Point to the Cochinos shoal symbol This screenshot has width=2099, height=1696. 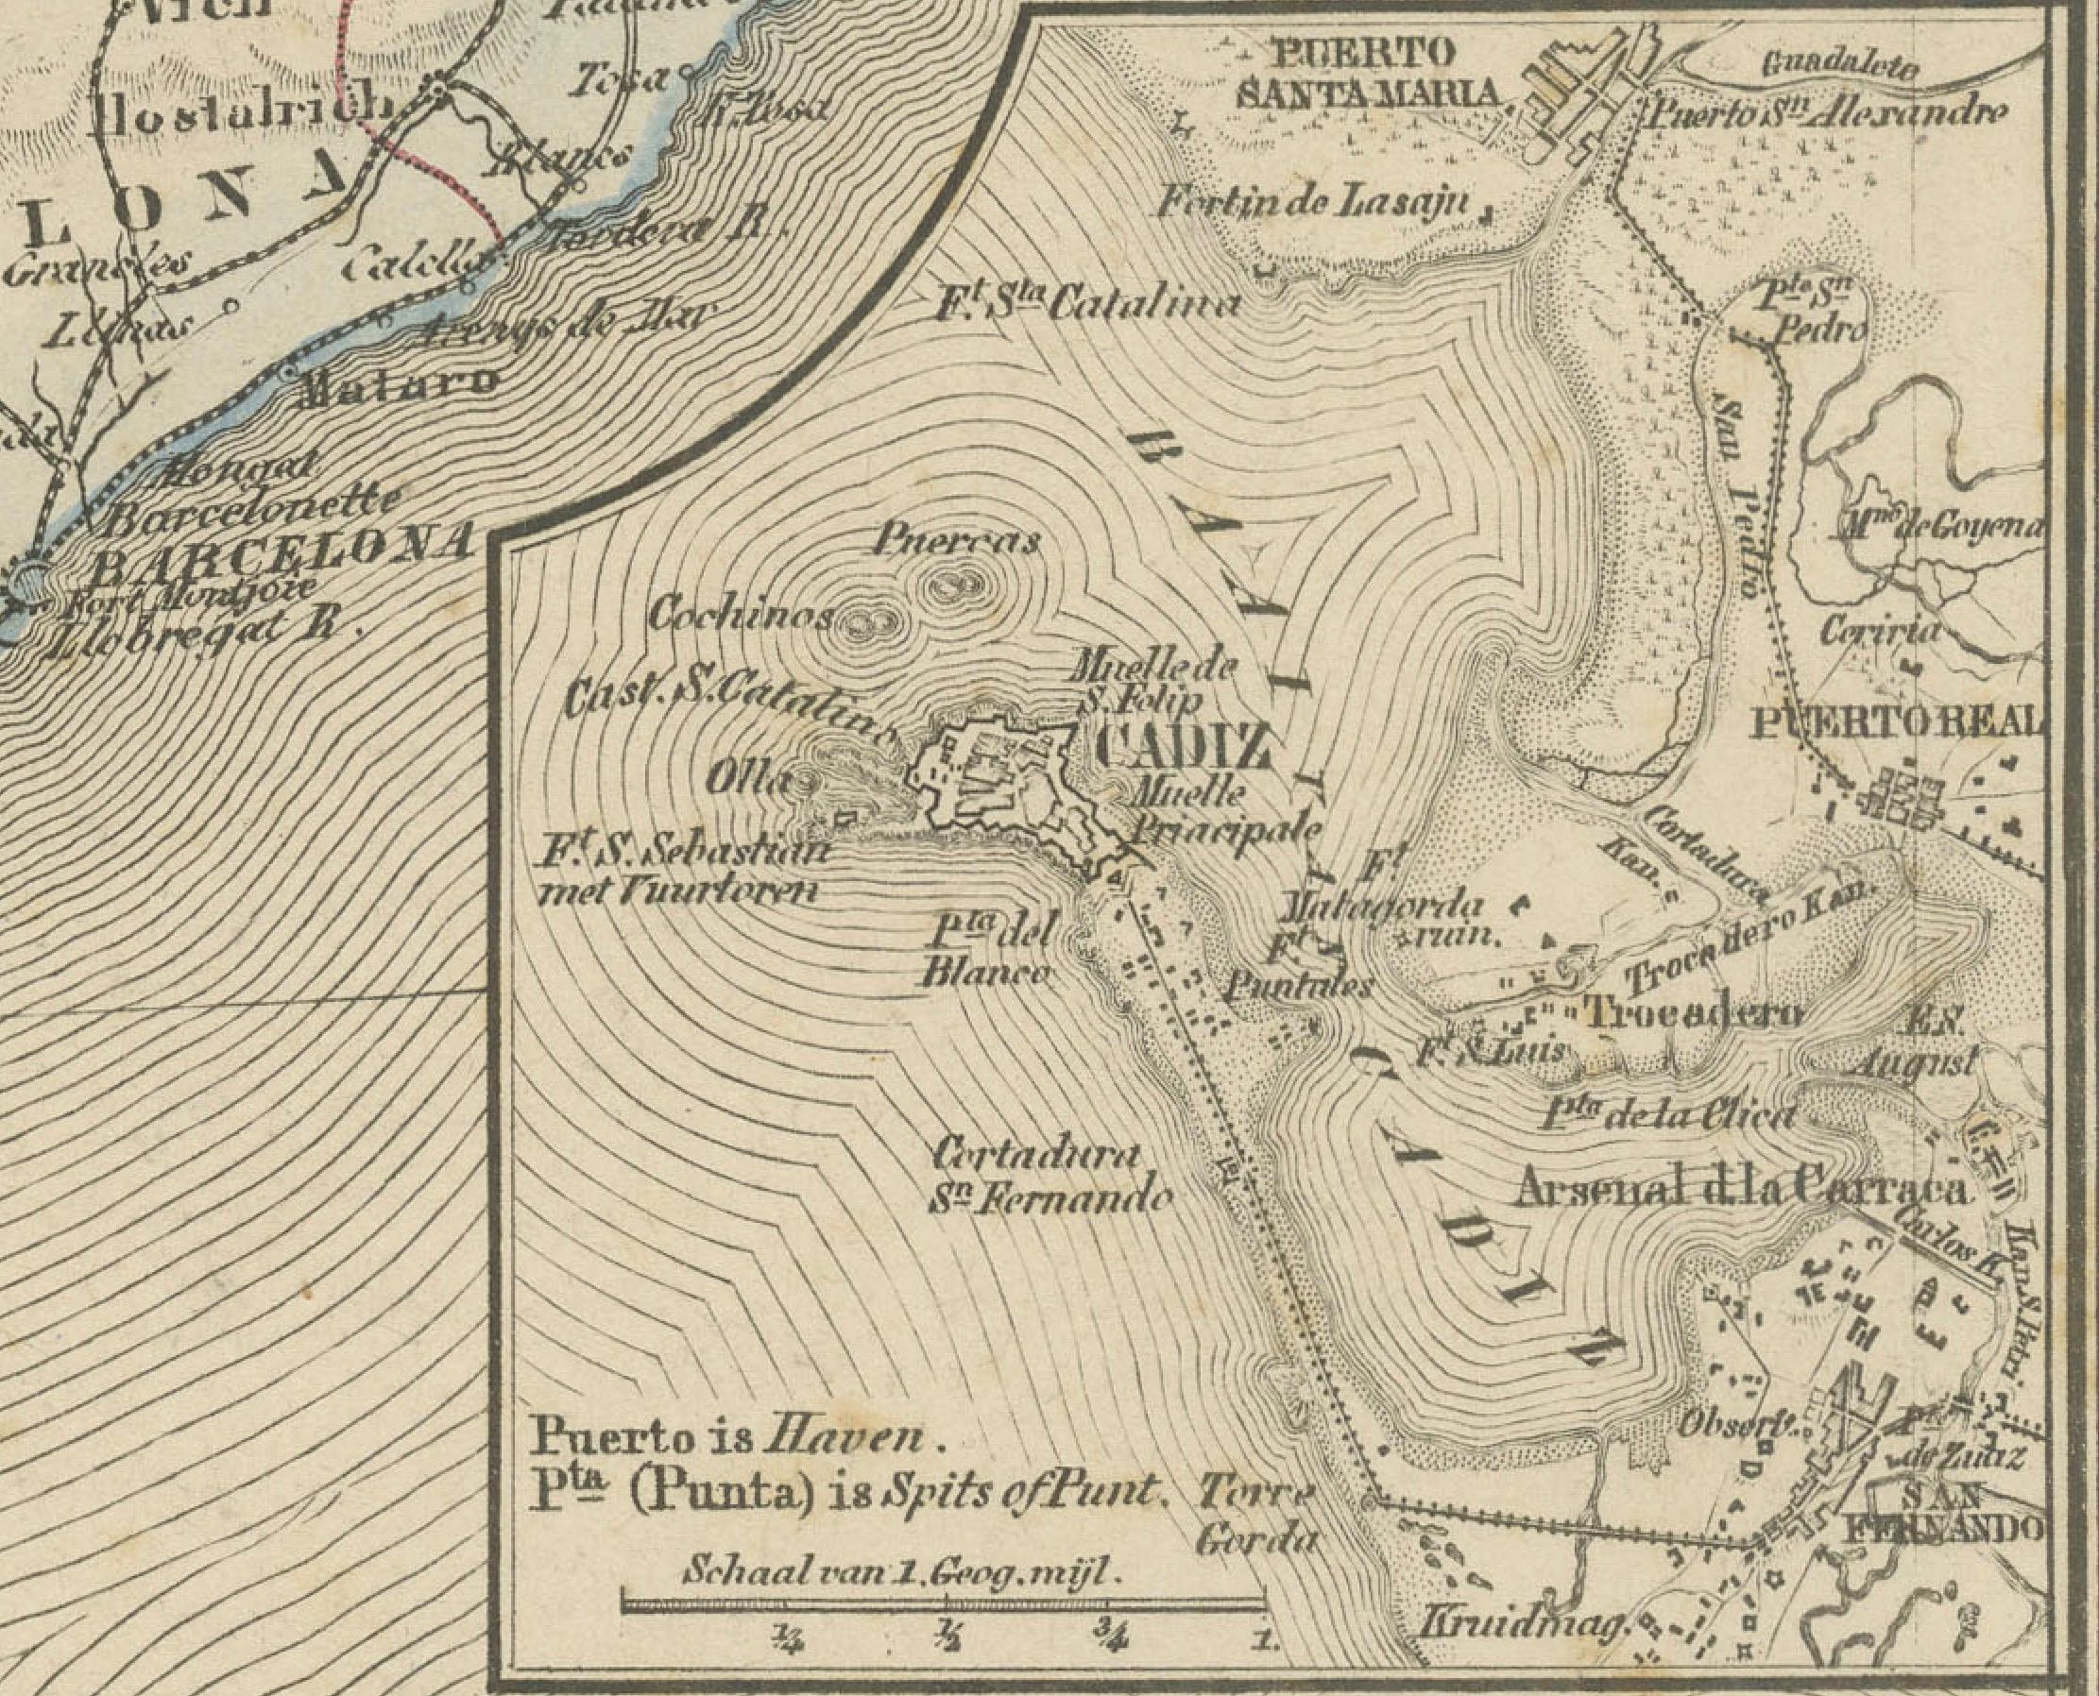click(x=864, y=622)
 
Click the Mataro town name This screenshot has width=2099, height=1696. click(x=395, y=385)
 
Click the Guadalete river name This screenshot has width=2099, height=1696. click(x=1840, y=65)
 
